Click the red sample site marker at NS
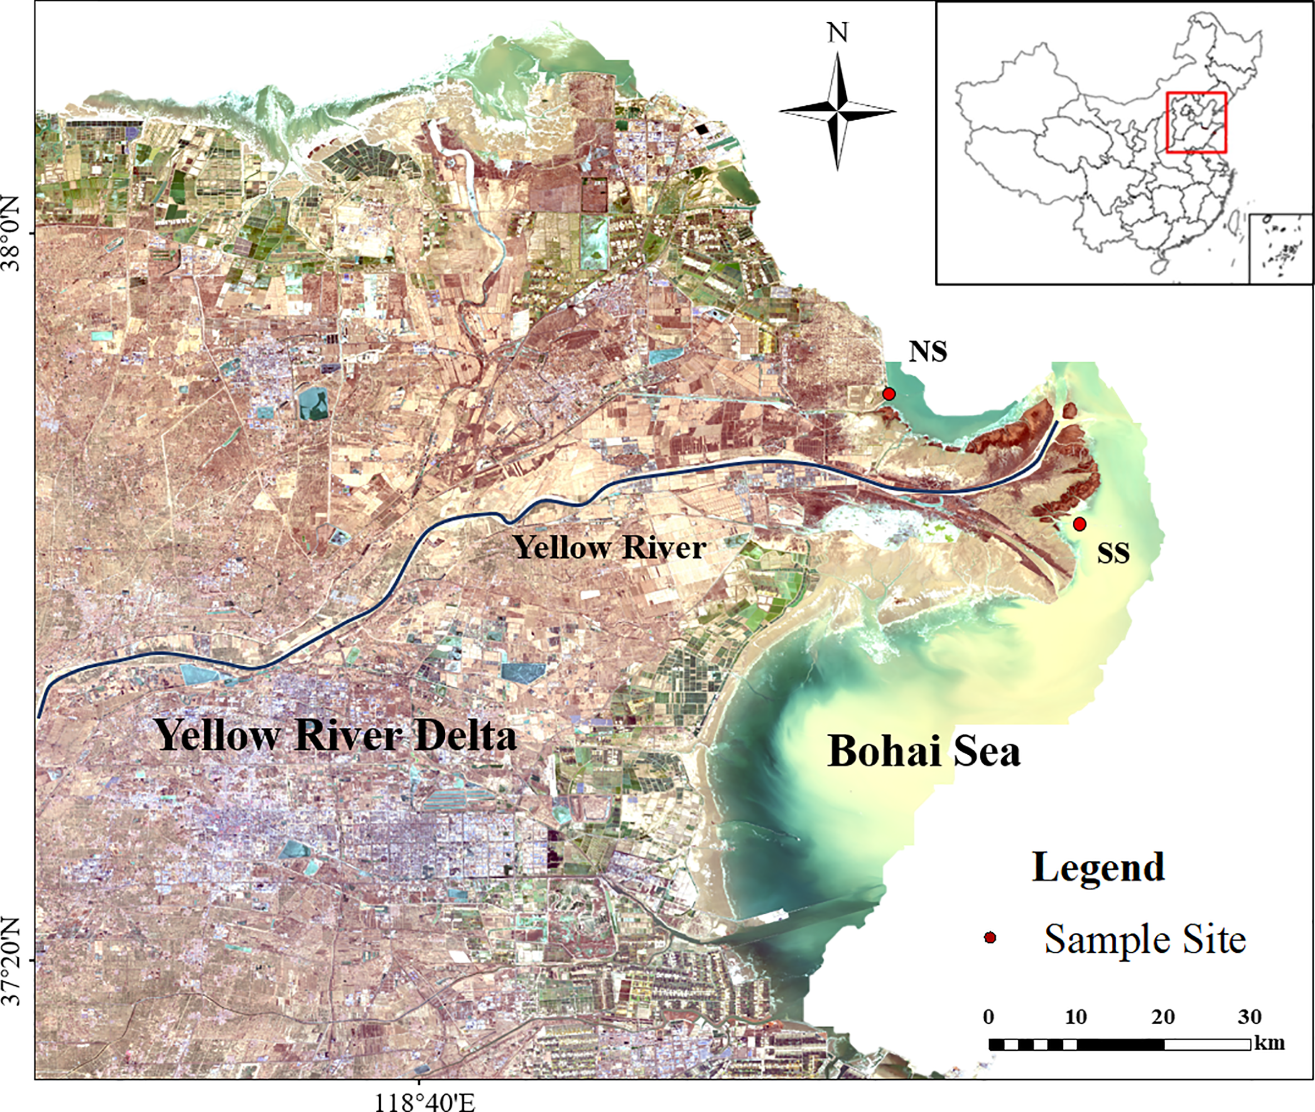pos(889,394)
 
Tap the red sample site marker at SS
pos(1079,524)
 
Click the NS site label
pos(927,352)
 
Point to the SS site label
pos(1113,553)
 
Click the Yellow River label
pos(609,547)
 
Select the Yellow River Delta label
pos(336,735)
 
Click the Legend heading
pos(1098,867)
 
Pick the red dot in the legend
pos(990,938)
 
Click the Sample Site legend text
pos(1145,939)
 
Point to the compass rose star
pos(837,111)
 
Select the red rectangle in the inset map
pos(1196,122)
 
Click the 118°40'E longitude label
pos(424,1101)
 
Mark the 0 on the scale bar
pos(988,1017)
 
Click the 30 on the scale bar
pos(1249,1017)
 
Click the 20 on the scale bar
pos(1163,1017)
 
